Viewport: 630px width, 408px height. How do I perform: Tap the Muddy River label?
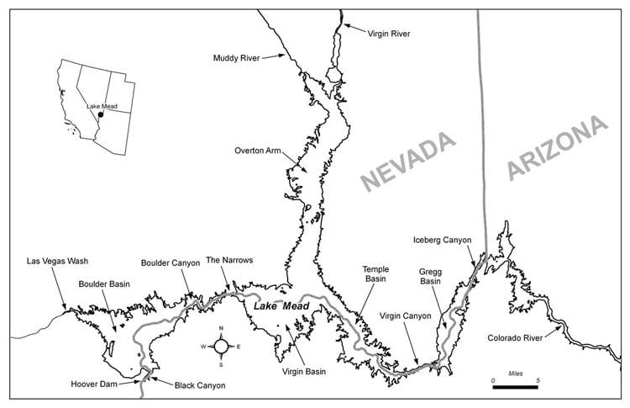[x=238, y=58]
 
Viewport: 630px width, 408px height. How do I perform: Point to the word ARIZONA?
[x=556, y=146]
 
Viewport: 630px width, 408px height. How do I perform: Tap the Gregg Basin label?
[x=431, y=277]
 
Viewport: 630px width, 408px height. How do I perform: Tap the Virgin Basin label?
[x=305, y=370]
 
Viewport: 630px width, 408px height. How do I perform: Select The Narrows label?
[x=229, y=260]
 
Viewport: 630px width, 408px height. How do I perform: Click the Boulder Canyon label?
[x=171, y=262]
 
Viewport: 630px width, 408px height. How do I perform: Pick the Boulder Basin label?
[x=104, y=284]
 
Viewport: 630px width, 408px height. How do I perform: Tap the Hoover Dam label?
[x=94, y=384]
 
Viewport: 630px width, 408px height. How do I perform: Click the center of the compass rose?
[x=221, y=346]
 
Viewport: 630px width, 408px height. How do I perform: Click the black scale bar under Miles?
[x=515, y=388]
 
